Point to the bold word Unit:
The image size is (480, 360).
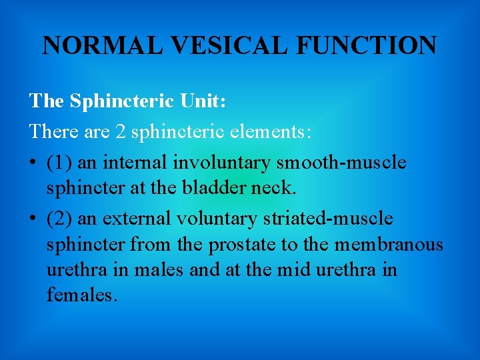(202, 101)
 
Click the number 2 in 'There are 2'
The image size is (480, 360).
(120, 131)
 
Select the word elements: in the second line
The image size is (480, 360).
(266, 131)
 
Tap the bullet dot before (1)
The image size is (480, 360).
(33, 162)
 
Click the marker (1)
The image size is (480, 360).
(58, 161)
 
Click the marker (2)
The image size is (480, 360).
(58, 219)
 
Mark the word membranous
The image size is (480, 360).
(389, 245)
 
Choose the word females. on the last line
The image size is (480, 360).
(82, 295)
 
